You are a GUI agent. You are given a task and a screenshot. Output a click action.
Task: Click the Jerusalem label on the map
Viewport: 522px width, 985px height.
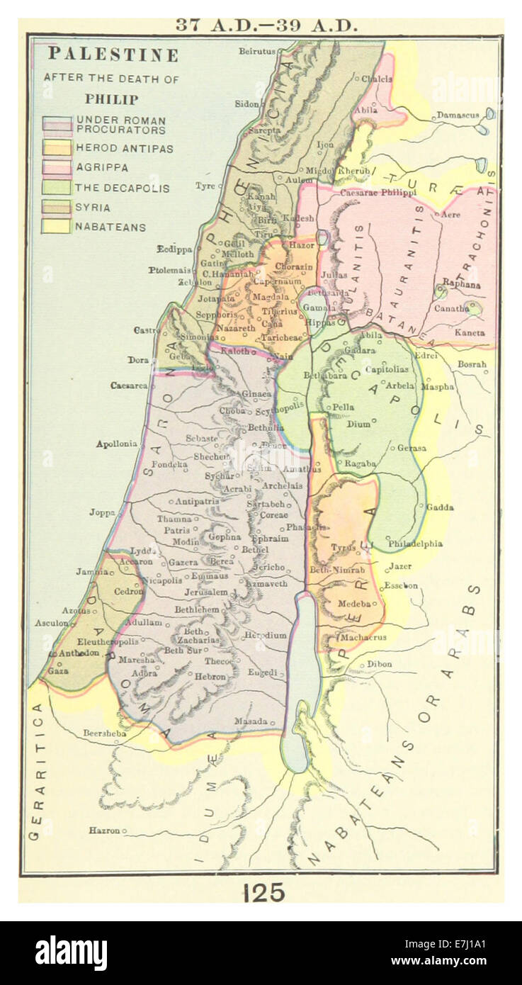click(x=206, y=592)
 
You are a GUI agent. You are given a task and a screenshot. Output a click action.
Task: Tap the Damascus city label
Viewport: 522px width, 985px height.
click(x=458, y=114)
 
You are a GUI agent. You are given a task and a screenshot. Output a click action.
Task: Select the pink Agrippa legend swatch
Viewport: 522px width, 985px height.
click(x=57, y=168)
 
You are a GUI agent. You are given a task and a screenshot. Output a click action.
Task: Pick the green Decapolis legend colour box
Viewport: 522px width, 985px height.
click(x=57, y=188)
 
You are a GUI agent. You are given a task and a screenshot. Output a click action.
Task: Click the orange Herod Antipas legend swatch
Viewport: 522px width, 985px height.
click(x=57, y=147)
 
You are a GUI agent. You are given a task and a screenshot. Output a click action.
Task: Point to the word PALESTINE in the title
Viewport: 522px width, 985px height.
click(x=113, y=55)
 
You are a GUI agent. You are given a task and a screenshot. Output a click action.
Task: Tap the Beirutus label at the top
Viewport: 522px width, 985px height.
click(x=256, y=52)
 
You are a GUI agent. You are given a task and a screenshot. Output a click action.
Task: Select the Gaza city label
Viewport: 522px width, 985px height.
click(x=57, y=670)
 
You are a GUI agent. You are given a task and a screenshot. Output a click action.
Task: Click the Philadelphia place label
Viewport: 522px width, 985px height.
click(x=415, y=544)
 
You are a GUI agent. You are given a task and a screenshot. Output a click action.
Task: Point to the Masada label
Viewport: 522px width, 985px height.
click(x=252, y=721)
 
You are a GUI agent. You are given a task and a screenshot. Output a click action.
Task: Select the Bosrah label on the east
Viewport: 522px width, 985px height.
click(x=472, y=364)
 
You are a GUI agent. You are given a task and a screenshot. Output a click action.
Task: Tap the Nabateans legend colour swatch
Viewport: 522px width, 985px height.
click(x=57, y=227)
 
